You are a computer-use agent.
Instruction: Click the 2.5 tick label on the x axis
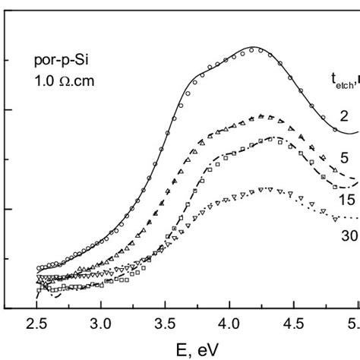pyautogui.click(x=37, y=324)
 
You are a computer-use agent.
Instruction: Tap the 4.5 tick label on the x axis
pyautogui.click(x=292, y=324)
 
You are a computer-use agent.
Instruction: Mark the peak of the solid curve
pyautogui.click(x=257, y=49)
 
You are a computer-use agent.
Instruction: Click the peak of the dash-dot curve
pyautogui.click(x=271, y=137)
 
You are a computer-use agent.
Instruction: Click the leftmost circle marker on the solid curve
pyautogui.click(x=38, y=267)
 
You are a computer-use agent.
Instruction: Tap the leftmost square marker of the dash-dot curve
pyautogui.click(x=39, y=289)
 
